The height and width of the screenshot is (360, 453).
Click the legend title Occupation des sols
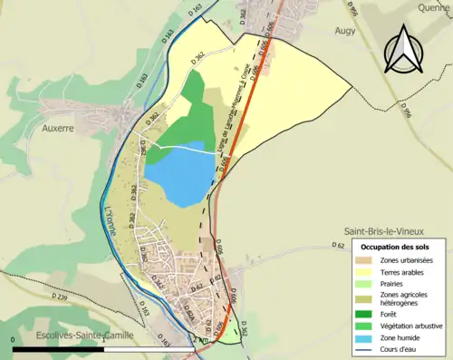click(x=396, y=247)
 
